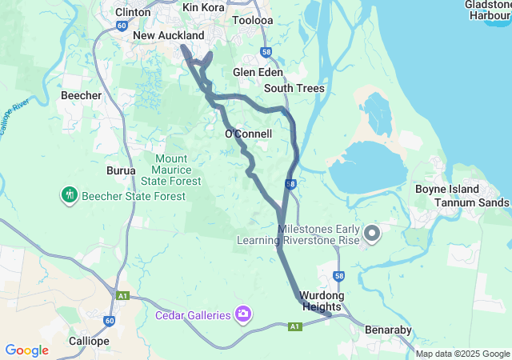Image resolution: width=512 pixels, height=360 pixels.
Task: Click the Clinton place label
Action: click(132, 12)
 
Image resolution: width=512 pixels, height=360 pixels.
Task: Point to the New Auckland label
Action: click(169, 36)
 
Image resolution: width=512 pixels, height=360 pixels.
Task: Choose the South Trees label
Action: click(294, 88)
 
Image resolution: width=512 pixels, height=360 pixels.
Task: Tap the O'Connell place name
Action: click(248, 134)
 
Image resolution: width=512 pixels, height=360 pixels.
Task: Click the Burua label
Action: click(121, 170)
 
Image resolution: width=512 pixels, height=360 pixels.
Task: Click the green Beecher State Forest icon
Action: click(70, 194)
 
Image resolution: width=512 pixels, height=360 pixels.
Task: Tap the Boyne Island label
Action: click(447, 190)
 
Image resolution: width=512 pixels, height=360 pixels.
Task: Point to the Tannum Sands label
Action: click(471, 202)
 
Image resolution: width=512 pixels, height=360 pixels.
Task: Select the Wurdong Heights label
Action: click(321, 301)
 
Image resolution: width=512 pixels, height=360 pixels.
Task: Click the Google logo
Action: click(26, 350)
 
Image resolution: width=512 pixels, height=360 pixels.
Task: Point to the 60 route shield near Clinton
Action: click(121, 26)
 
